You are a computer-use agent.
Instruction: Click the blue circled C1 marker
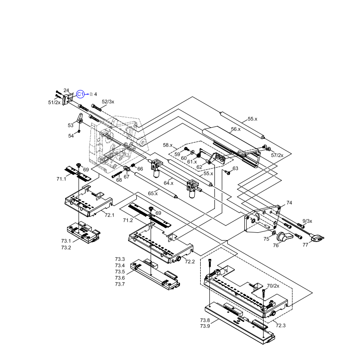point(80,94)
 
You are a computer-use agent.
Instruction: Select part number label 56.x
point(236,129)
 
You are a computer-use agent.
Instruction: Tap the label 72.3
point(280,326)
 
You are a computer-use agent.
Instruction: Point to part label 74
point(289,202)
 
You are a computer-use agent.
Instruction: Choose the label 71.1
point(62,179)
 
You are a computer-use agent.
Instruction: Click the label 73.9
point(205,326)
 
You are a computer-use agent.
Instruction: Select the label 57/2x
point(277,155)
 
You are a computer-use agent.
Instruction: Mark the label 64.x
point(169,183)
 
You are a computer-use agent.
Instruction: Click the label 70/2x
point(273,286)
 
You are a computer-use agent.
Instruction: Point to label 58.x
point(168,145)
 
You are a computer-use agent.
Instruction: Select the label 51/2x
point(54,102)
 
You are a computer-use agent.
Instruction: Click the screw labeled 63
point(227,173)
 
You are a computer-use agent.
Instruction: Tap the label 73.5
point(120,272)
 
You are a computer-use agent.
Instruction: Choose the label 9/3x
point(307,221)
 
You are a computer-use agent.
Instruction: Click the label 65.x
point(152,193)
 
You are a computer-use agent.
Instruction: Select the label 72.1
point(109,215)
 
